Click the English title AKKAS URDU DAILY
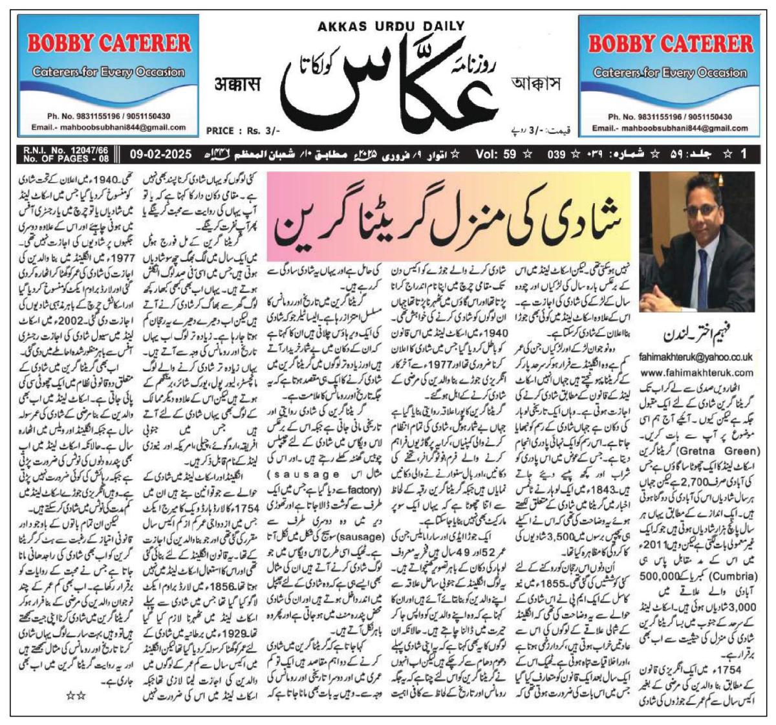[x=391, y=26]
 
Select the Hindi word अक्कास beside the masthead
[x=241, y=84]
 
